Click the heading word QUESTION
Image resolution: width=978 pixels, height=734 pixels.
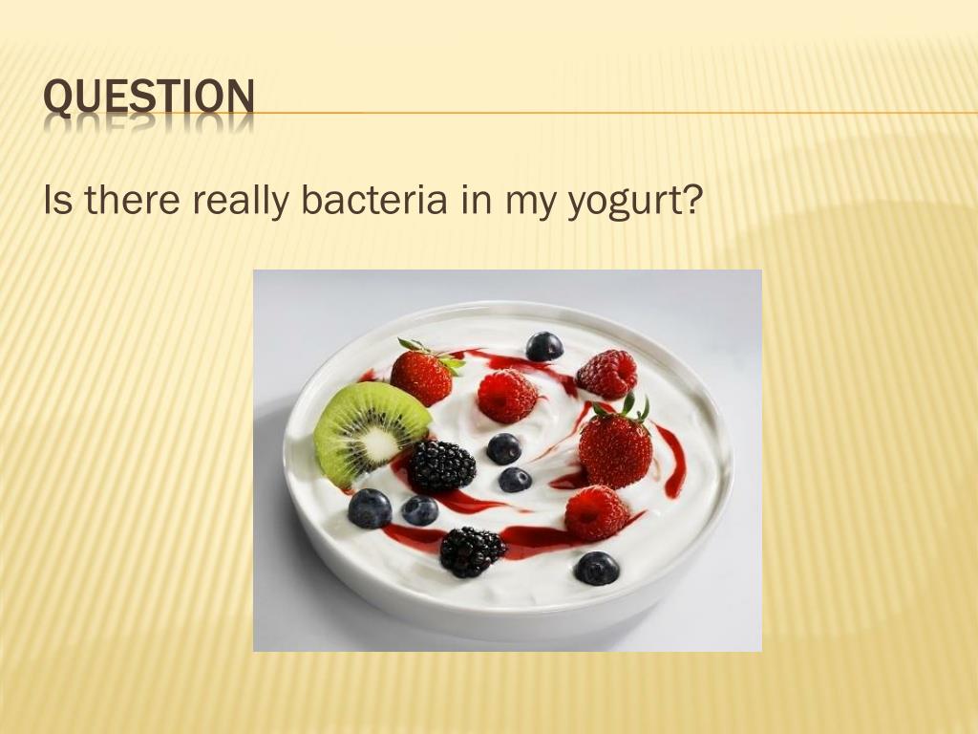pos(150,98)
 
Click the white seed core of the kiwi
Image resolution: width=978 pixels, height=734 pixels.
pos(380,443)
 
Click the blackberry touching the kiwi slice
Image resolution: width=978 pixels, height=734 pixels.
pos(441,465)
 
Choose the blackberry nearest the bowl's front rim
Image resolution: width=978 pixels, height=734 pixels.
pos(472,551)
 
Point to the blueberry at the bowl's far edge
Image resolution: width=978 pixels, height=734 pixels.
pos(544,346)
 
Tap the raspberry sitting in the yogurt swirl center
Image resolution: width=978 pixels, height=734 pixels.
pos(507,396)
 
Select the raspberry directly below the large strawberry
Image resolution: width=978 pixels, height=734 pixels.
pos(596,513)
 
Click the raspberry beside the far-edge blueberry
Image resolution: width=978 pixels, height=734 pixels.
pos(607,373)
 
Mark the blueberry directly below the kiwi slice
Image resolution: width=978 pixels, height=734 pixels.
pos(370,508)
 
